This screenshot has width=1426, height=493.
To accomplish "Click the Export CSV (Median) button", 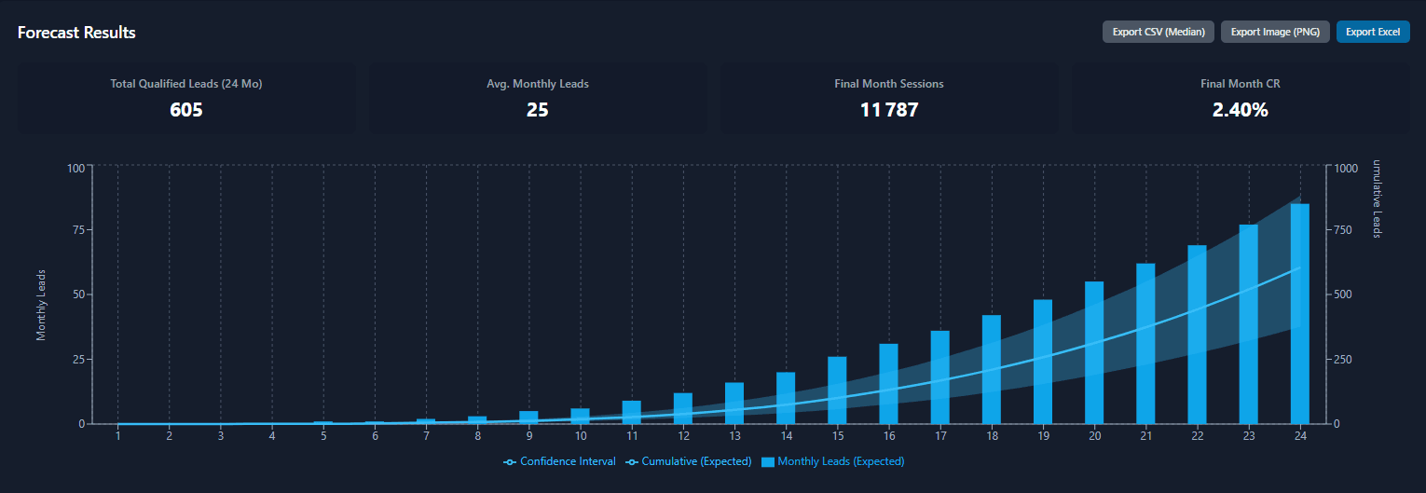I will point(1159,32).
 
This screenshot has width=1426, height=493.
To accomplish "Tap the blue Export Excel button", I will point(1372,32).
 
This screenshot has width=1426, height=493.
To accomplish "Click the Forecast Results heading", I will point(76,33).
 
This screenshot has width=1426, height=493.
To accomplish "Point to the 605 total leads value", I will point(185,110).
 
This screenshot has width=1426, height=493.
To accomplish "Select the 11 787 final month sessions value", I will point(888,110).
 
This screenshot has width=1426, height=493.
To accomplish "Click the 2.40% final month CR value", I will point(1240,110).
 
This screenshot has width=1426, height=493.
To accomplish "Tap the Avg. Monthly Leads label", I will point(537,84).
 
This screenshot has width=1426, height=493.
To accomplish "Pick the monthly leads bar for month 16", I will point(888,383).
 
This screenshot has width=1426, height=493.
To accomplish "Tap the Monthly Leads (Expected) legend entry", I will point(833,461).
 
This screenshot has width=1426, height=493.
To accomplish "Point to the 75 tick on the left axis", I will point(77,230).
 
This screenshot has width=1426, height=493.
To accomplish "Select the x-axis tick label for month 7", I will point(426,436).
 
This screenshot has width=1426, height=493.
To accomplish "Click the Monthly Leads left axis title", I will point(41,305).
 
